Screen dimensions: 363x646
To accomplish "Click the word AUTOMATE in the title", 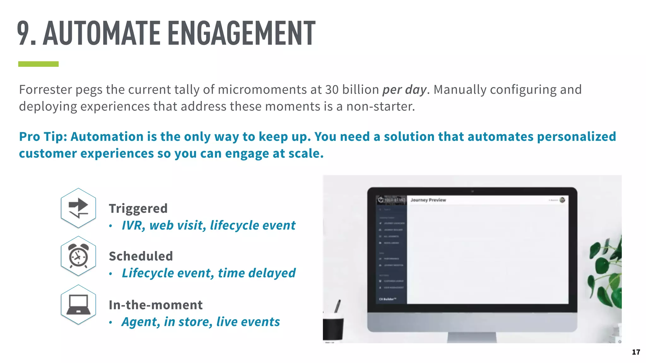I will point(102,33).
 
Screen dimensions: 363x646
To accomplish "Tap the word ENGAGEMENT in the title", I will point(241,33).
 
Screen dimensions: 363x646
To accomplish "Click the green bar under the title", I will point(38,64).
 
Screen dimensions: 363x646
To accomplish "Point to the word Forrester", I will point(45,89).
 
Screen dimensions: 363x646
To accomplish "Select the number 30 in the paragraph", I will point(332,89).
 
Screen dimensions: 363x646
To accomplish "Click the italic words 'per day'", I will point(404,89).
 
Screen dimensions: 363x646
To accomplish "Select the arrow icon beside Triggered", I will point(78,208).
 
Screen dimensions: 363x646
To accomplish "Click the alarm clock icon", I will point(78,256).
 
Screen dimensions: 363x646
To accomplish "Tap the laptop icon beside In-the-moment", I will point(78,305).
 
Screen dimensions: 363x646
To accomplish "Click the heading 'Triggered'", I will point(138,209).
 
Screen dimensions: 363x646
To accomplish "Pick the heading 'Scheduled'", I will point(141,256).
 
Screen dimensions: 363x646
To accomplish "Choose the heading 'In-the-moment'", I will point(156,305).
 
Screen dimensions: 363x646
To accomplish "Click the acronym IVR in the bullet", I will point(132,225).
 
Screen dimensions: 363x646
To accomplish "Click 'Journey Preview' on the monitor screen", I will point(428,200).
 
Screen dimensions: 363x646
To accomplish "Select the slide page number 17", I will point(636,352).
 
